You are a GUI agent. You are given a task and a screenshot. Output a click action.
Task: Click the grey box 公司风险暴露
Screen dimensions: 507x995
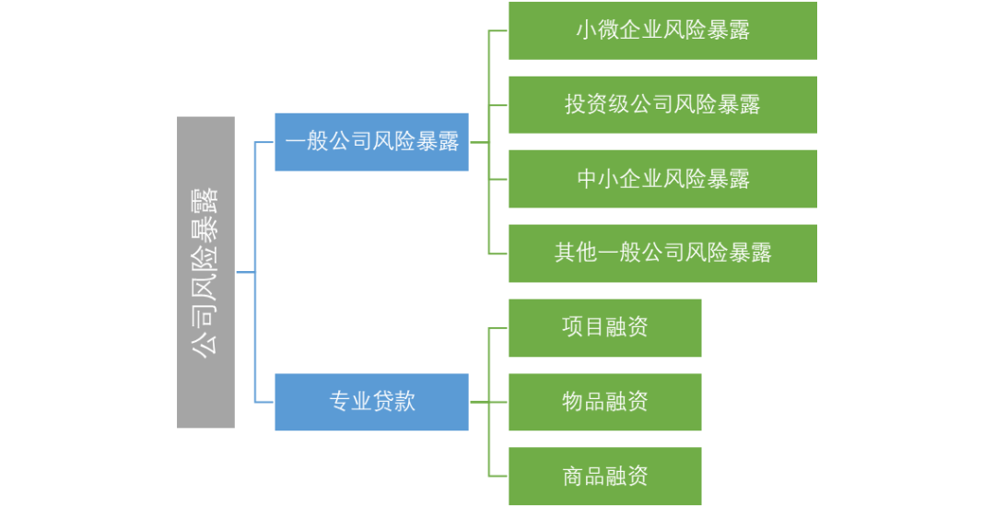pos(205,272)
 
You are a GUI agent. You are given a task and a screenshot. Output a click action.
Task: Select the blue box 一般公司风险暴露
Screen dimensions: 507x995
pos(371,142)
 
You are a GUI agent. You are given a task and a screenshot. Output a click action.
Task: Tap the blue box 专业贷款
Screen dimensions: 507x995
pos(371,402)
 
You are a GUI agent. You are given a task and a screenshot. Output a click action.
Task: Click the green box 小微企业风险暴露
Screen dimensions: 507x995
pos(662,30)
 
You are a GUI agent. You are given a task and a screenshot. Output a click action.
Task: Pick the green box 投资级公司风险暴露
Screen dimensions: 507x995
pos(662,104)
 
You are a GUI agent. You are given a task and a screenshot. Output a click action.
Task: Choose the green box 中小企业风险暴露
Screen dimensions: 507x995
pos(662,178)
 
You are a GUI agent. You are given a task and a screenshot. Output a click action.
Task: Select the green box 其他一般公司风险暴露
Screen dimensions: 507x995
pos(662,253)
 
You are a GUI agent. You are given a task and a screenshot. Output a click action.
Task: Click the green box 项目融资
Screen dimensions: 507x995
pos(604,327)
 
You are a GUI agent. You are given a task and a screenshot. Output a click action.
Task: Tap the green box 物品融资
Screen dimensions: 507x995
pos(604,402)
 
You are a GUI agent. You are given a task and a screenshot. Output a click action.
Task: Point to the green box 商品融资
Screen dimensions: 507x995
pos(604,476)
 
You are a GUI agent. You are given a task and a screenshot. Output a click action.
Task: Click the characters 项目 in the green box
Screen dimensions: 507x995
pos(583,327)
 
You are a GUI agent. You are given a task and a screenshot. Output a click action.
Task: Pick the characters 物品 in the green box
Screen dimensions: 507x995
pos(583,402)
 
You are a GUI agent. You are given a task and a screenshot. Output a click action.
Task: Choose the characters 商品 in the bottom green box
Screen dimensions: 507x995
pos(583,476)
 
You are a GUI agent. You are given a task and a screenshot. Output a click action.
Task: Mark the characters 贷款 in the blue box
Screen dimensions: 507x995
pos(393,402)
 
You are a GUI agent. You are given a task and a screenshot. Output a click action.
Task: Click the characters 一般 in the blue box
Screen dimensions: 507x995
pos(307,142)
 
